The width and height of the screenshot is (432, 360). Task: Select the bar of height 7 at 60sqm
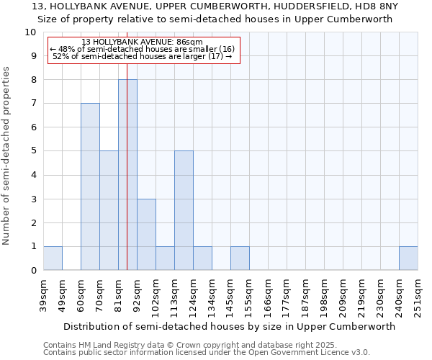pos(90,186)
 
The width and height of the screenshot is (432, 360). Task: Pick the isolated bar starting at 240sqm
pos(408,258)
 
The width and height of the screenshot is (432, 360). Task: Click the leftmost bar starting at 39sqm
pos(53,258)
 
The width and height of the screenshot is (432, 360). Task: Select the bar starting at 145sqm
pos(240,258)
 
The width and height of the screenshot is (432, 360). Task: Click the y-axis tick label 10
pos(30,32)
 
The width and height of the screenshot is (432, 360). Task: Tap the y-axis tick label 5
pos(33,151)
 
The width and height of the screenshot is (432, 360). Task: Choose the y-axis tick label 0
pos(33,270)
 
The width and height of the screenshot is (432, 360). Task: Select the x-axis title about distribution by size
pos(230,326)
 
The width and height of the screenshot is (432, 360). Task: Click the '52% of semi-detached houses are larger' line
pos(143,56)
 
